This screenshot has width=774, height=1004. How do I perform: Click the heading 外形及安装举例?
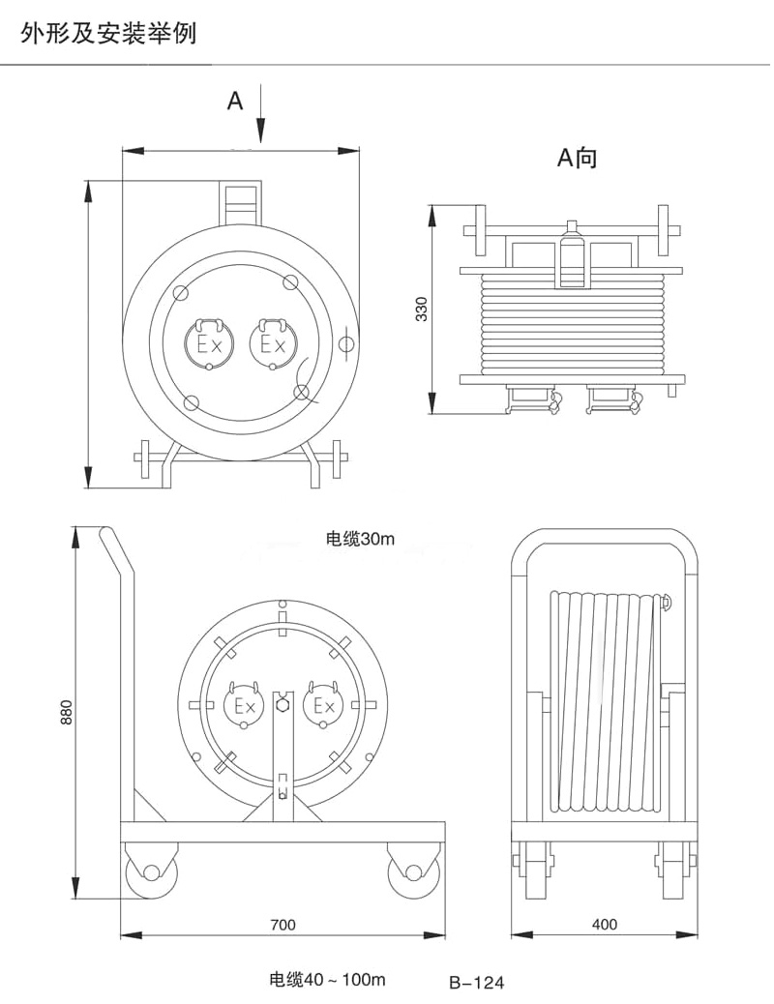tap(108, 36)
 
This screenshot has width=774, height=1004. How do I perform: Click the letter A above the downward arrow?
tap(235, 101)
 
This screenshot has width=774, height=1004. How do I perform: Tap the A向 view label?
tap(577, 158)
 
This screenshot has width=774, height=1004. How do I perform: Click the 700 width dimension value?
tap(283, 925)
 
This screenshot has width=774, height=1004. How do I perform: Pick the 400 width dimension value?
tap(604, 925)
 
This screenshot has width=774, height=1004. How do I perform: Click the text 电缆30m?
tap(361, 540)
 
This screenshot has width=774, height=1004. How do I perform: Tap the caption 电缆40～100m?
tap(327, 979)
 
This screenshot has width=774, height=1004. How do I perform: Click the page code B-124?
tap(477, 984)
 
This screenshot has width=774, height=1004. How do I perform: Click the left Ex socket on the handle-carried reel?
tap(210, 343)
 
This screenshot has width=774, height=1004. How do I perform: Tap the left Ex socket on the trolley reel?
tap(243, 705)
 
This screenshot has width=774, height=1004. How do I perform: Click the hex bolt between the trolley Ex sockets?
tap(283, 705)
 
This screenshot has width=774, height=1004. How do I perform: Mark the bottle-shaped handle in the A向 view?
tap(572, 256)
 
